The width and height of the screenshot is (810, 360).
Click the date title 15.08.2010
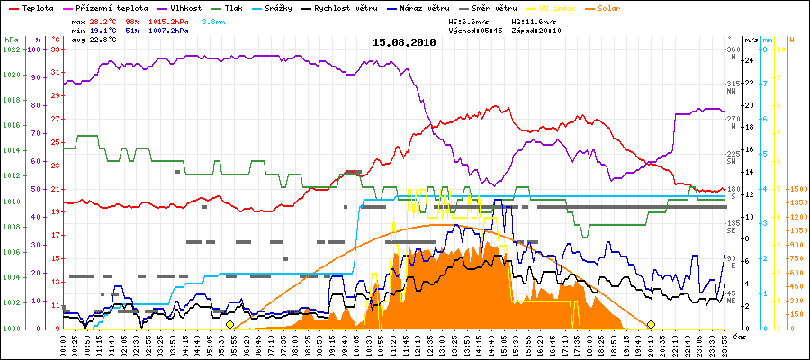(404, 42)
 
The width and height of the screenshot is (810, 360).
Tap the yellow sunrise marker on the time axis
(229, 324)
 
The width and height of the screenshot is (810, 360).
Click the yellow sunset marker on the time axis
(651, 324)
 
